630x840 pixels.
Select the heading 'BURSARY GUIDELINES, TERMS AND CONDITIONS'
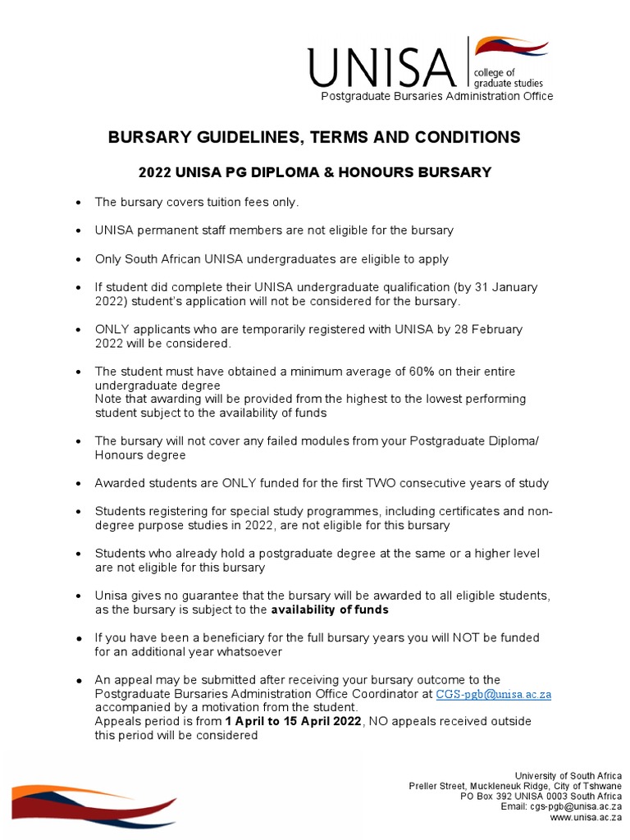pyautogui.click(x=314, y=138)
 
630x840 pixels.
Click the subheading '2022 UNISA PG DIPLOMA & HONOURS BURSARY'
pyautogui.click(x=314, y=172)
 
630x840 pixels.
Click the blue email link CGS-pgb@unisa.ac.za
pyautogui.click(x=493, y=694)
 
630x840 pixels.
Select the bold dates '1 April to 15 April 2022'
pyautogui.click(x=292, y=721)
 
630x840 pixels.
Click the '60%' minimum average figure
pyautogui.click(x=423, y=372)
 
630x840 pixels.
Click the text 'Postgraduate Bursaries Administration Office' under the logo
pyautogui.click(x=436, y=97)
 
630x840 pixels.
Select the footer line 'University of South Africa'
pyautogui.click(x=568, y=776)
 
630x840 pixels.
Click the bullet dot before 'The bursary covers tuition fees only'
pyautogui.click(x=77, y=203)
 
